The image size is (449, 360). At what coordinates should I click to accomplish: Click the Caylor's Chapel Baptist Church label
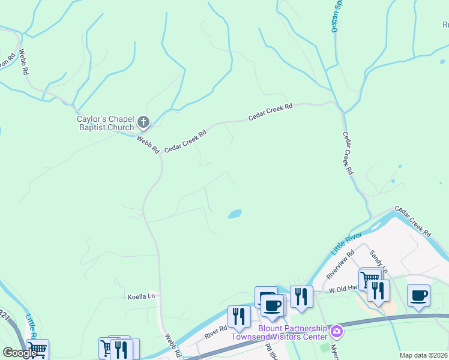pyautogui.click(x=106, y=123)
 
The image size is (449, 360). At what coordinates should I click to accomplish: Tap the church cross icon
pyautogui.click(x=143, y=122)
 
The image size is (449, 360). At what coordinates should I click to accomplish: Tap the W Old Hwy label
pyautogui.click(x=343, y=289)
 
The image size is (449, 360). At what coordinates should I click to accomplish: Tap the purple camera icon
pyautogui.click(x=337, y=331)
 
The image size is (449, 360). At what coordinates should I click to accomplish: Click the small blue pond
pyautogui.click(x=235, y=214)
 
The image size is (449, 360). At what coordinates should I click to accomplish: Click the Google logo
pyautogui.click(x=20, y=353)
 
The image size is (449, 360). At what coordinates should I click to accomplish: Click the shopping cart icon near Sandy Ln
pyautogui.click(x=370, y=278)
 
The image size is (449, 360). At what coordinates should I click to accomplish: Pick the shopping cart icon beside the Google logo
pyautogui.click(x=37, y=349)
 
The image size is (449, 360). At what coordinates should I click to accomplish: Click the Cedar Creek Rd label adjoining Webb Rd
pyautogui.click(x=185, y=140)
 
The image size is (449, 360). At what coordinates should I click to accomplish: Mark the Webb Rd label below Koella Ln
pyautogui.click(x=172, y=346)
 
